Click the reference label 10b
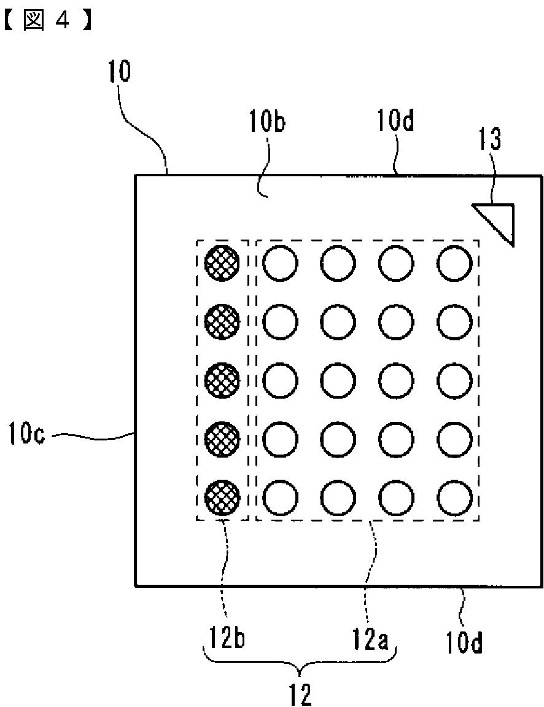coord(268,122)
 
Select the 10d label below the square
coord(465,643)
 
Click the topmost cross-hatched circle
coord(222,262)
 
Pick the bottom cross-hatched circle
coord(222,498)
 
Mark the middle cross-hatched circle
coord(222,380)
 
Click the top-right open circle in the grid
coord(455,263)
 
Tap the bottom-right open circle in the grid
coord(455,498)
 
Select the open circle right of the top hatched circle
coord(280,263)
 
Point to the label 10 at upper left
coord(119,71)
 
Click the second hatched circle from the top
coord(222,321)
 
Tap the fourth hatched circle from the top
coord(222,439)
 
